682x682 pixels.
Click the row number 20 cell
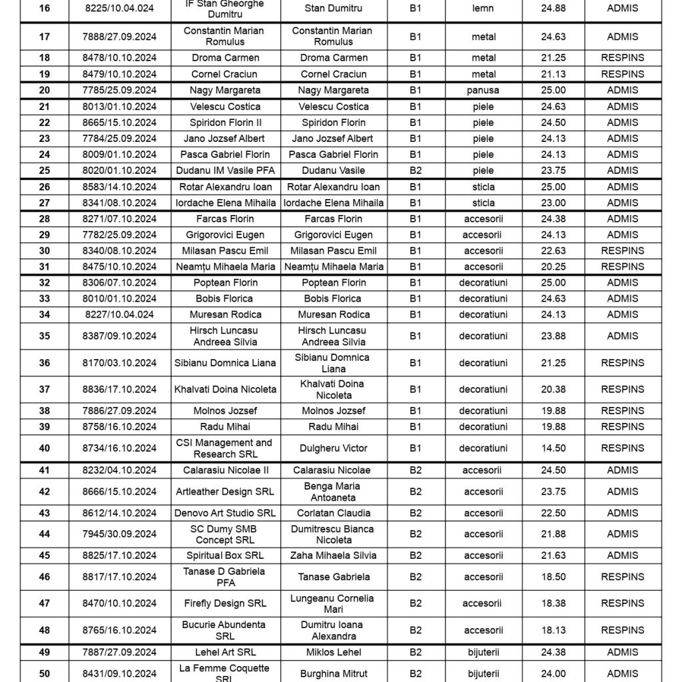44,90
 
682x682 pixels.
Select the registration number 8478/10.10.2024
119,58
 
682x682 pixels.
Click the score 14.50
553,448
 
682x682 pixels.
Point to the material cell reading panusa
484,90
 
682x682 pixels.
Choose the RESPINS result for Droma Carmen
622,58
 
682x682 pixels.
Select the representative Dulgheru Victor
332,448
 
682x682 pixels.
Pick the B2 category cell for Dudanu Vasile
416,170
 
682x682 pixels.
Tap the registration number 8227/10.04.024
119,314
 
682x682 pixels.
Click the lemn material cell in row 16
484,9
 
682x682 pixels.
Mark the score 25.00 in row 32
553,282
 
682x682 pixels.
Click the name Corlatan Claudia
332,513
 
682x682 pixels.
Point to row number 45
44,555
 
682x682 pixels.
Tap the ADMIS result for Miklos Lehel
622,652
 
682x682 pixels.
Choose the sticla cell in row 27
484,202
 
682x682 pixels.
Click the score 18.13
553,630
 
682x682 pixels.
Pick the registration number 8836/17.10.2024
119,390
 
